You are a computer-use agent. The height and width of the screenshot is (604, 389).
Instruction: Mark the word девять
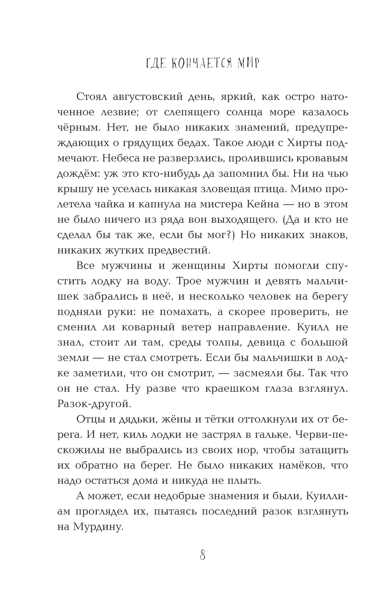(279, 281)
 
